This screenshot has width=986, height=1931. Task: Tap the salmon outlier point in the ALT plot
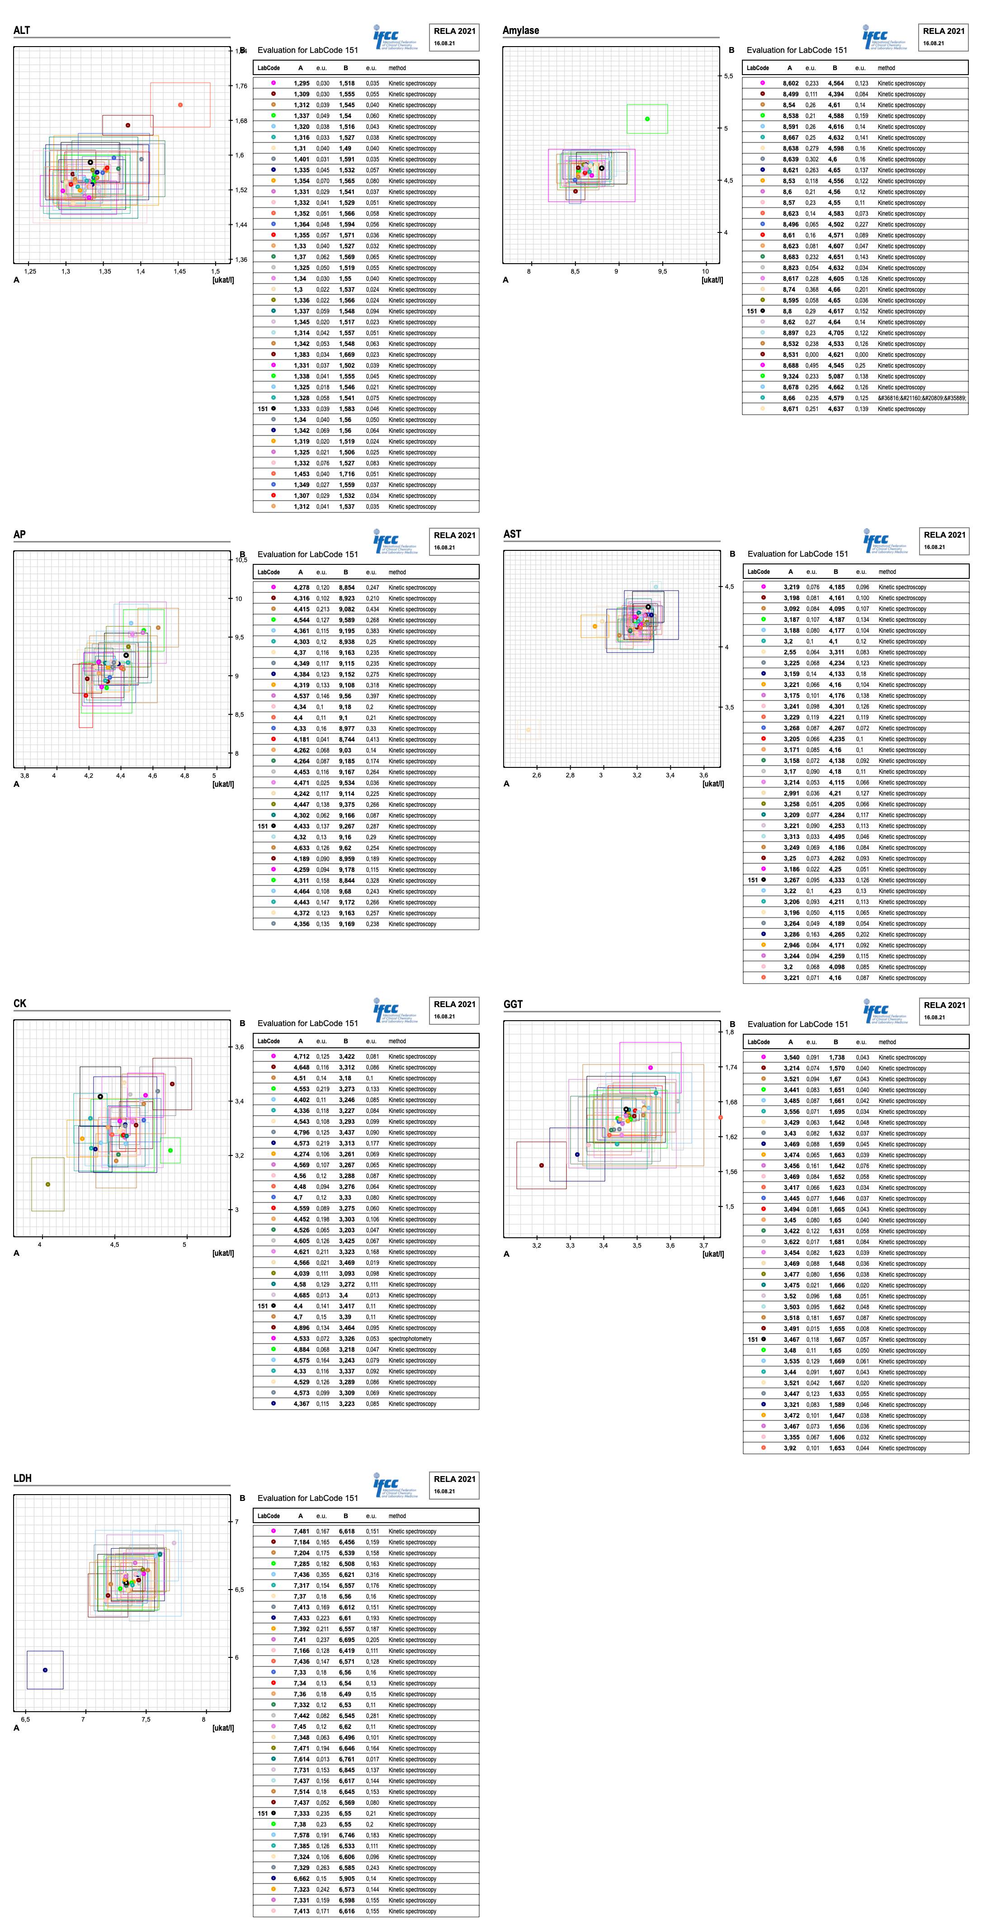180,105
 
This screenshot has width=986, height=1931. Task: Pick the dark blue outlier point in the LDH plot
45,1670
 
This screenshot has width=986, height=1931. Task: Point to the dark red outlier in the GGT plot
542,1165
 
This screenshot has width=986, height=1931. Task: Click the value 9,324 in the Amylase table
790,376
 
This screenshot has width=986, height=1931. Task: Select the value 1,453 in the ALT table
301,474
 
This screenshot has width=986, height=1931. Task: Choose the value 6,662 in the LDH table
301,1879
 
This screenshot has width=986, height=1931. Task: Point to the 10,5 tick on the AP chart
241,560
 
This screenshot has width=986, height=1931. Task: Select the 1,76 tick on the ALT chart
241,86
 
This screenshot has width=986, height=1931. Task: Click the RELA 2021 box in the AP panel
454,540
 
